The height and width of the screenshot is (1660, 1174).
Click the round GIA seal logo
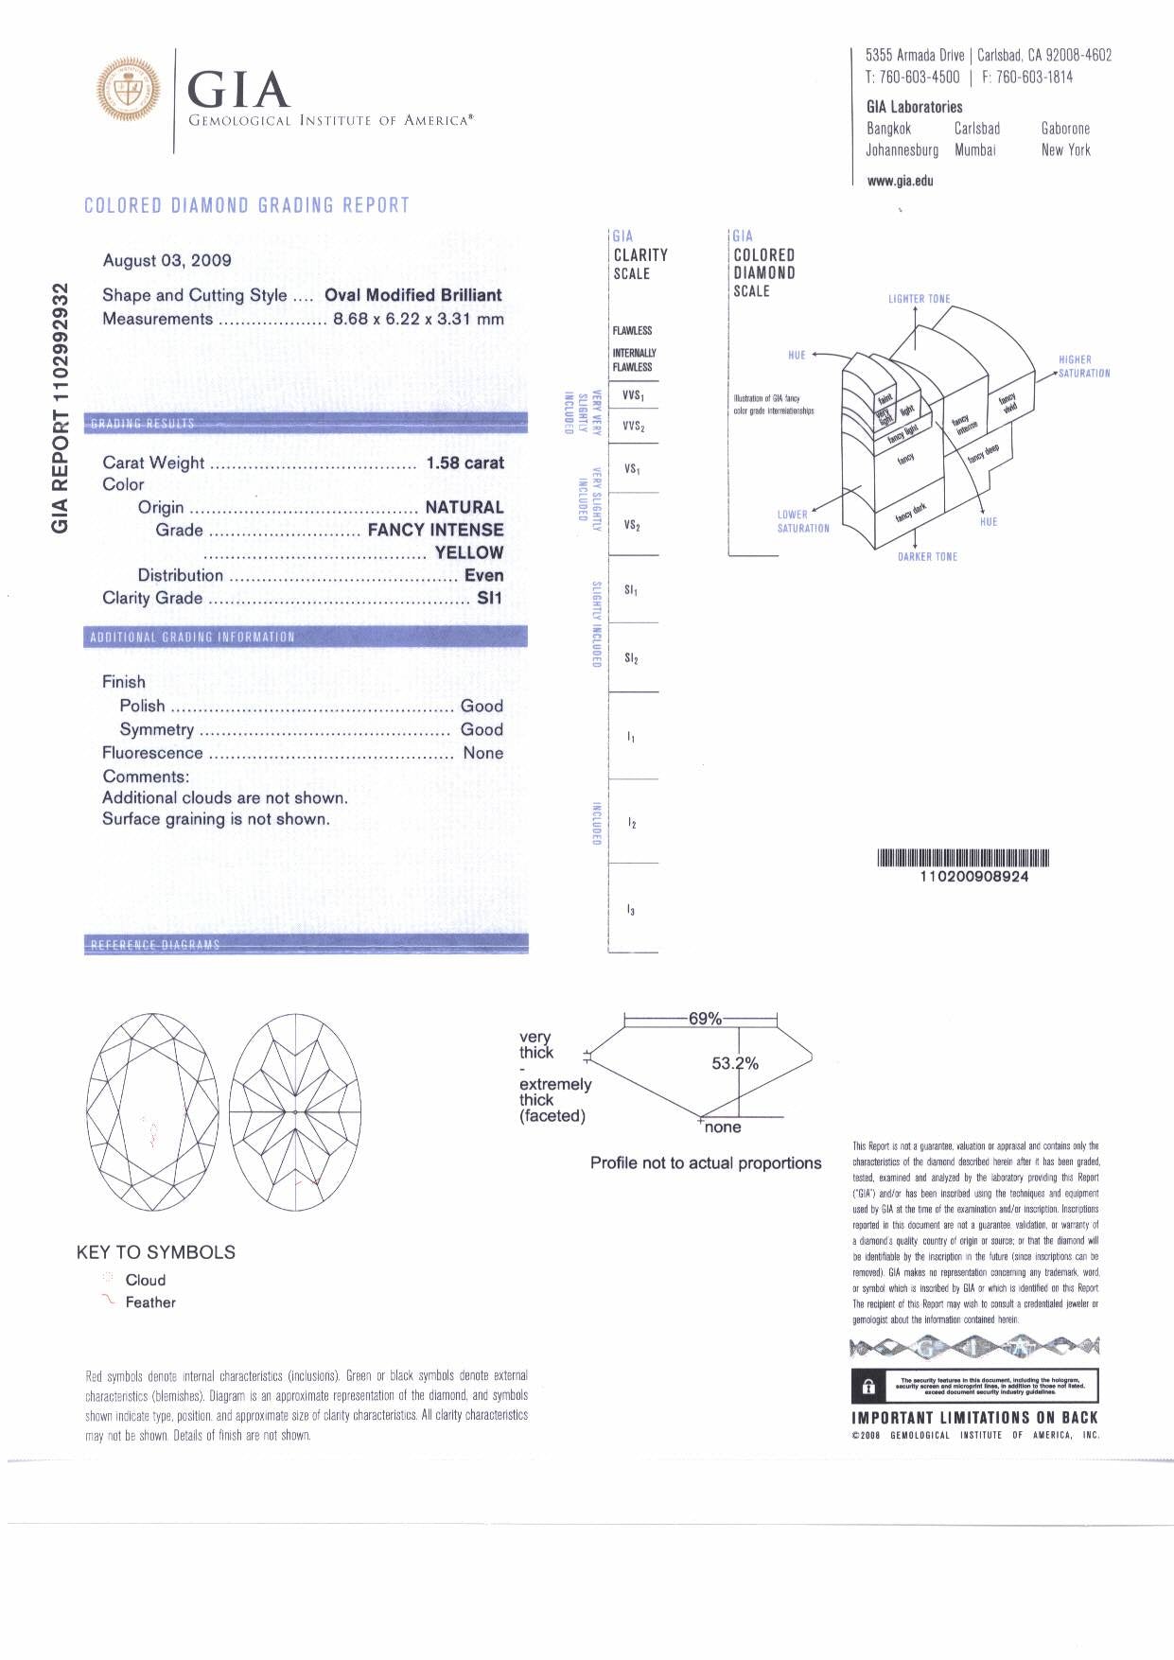click(128, 90)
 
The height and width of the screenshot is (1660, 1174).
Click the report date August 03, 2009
click(166, 260)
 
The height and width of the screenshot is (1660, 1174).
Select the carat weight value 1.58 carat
click(464, 463)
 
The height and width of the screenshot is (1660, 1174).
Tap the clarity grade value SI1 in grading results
click(489, 598)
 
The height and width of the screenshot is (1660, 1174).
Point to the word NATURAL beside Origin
click(464, 508)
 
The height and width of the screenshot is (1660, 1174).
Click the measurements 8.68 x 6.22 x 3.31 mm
click(418, 319)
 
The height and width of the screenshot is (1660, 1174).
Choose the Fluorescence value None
click(482, 753)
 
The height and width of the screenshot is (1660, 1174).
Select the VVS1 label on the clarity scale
click(633, 395)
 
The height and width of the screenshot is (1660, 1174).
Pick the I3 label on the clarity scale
click(631, 910)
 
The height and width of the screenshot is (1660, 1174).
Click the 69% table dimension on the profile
click(705, 1019)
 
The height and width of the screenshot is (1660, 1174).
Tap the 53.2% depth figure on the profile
click(735, 1063)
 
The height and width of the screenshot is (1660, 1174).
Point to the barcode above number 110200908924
click(963, 858)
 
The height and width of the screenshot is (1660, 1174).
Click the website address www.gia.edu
click(900, 181)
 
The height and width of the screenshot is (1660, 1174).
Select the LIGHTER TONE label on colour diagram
click(919, 299)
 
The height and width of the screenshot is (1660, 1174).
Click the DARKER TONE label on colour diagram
click(927, 557)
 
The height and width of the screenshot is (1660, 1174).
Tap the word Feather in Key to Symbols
click(150, 1302)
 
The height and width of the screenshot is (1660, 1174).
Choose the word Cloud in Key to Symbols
click(146, 1280)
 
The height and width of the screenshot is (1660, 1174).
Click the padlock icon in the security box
click(868, 1388)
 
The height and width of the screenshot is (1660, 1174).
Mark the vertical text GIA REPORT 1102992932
click(61, 408)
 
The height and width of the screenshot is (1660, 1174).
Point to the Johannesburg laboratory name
click(902, 150)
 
